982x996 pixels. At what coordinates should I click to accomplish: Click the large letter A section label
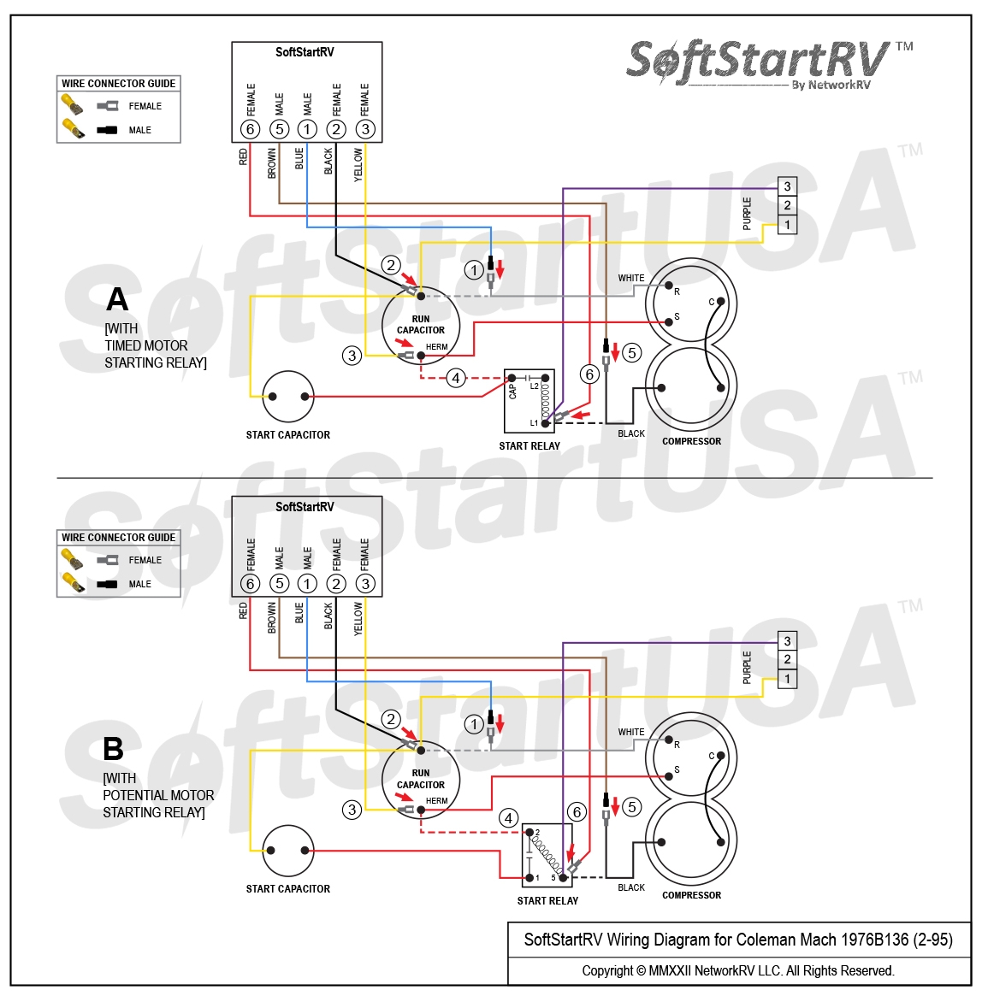(116, 299)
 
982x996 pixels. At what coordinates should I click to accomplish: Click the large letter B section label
(113, 749)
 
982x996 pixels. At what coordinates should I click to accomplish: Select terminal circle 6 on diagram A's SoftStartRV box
(250, 129)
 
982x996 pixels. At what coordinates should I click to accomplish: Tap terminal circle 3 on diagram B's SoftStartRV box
(365, 584)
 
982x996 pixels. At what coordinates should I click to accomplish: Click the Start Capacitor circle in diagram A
(288, 397)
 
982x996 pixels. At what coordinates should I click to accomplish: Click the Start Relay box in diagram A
(529, 401)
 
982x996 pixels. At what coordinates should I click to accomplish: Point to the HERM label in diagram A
(436, 347)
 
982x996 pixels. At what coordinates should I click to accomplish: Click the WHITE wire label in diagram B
(631, 732)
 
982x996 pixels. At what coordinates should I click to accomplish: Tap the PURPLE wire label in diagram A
(747, 213)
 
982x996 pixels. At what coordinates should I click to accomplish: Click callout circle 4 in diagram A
(456, 378)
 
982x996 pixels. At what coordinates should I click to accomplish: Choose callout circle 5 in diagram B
(632, 806)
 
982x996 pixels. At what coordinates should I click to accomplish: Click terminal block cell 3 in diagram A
(787, 186)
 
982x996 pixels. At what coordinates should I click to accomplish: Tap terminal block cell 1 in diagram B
(787, 679)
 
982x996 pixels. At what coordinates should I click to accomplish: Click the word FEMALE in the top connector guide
(145, 106)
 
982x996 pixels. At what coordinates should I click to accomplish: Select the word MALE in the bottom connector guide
(139, 584)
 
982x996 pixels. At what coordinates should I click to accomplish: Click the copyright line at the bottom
(737, 971)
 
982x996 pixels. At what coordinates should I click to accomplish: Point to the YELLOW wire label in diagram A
(358, 163)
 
